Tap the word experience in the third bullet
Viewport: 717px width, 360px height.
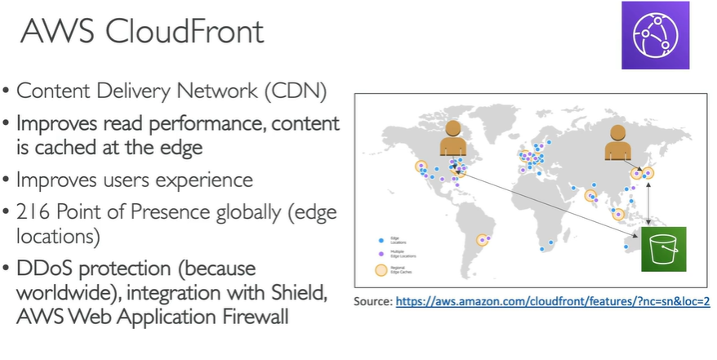click(207, 180)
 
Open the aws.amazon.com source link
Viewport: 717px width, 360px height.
click(553, 301)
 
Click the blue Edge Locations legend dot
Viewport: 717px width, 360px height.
click(382, 241)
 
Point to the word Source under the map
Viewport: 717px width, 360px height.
click(372, 301)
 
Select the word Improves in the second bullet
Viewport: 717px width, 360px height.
click(54, 125)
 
